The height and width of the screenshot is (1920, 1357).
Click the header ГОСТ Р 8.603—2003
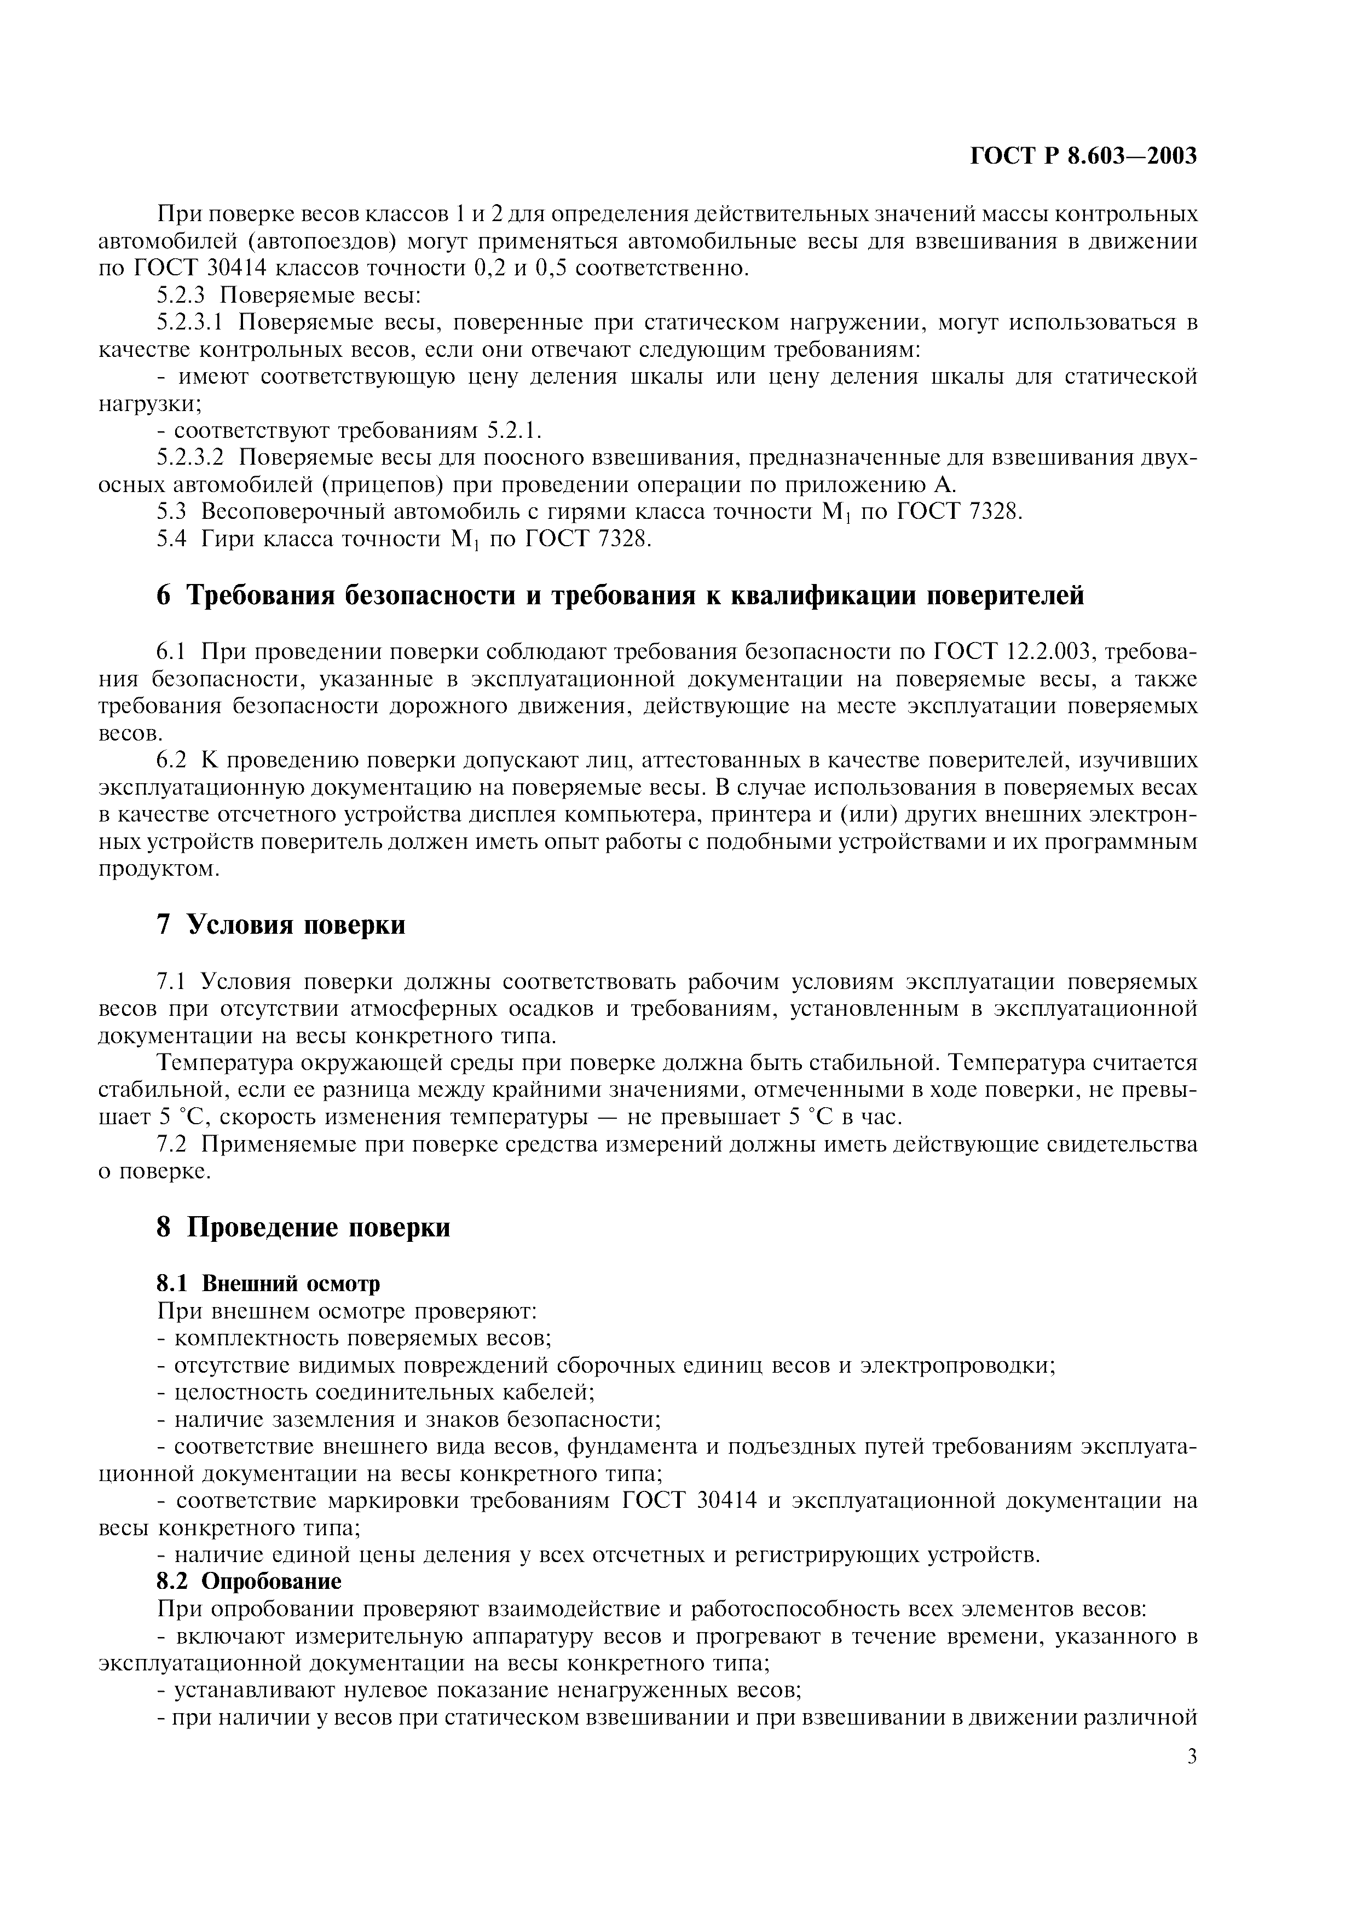tap(1084, 157)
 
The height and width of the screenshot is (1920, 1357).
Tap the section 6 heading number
tap(163, 595)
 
